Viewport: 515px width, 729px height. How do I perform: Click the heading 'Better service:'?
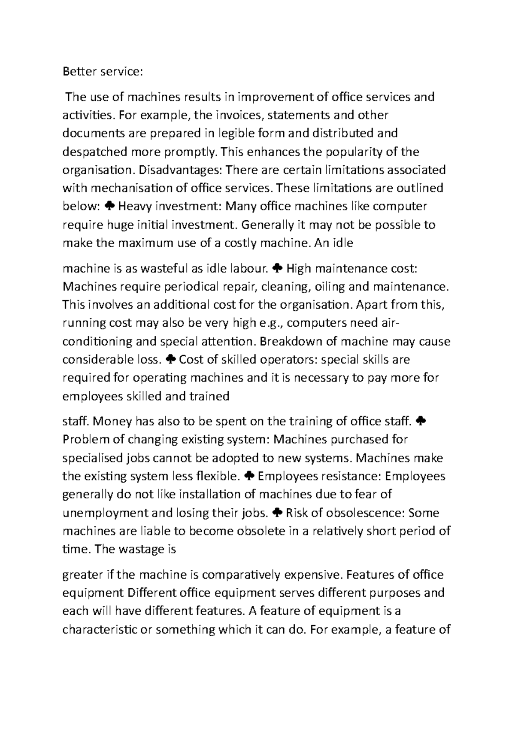tap(102, 72)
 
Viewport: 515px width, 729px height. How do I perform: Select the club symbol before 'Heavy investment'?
tap(109, 207)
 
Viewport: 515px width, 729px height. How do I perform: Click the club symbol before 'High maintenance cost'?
tap(277, 269)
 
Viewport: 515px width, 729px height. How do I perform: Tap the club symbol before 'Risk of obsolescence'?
tap(277, 513)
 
